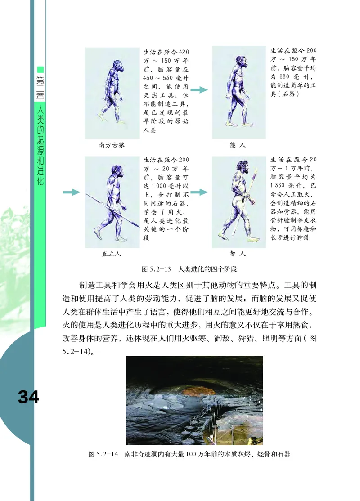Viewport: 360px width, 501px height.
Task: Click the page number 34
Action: tap(28, 397)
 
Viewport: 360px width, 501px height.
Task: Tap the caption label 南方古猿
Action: tap(112, 145)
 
